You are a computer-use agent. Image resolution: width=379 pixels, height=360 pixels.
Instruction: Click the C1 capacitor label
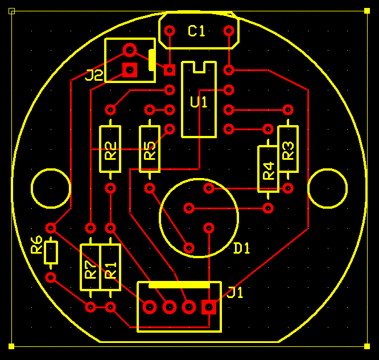(196, 31)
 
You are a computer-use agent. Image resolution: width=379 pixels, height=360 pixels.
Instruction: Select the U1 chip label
(199, 102)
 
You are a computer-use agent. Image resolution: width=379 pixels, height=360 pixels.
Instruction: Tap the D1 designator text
(241, 248)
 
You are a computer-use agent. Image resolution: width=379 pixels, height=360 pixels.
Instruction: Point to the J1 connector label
(235, 292)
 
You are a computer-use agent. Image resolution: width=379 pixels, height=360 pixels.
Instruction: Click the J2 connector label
(94, 75)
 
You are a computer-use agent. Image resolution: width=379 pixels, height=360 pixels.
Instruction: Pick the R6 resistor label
(37, 245)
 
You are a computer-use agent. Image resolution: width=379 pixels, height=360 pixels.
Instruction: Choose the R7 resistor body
(90, 267)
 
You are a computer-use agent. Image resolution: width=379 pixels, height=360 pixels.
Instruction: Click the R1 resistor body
(110, 267)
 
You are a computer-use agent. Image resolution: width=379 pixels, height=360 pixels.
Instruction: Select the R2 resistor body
(110, 149)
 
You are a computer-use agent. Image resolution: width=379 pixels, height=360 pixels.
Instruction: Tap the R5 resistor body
(150, 149)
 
